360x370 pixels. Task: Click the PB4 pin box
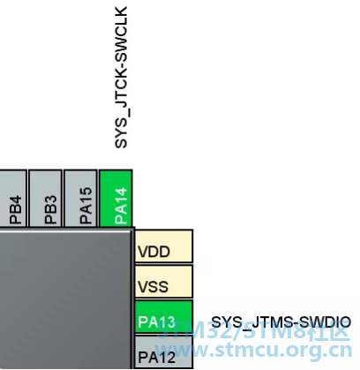13,198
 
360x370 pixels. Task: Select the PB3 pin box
46,198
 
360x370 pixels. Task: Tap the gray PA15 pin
80,198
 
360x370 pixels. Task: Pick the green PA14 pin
116,198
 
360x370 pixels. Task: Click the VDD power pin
164,246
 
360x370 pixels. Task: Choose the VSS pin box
164,282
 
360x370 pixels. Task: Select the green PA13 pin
164,317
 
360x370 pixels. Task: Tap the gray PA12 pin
164,352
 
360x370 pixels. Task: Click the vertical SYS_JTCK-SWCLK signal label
122,77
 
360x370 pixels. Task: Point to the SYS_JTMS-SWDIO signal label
281,323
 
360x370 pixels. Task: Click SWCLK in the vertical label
121,34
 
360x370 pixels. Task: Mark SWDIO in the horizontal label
322,322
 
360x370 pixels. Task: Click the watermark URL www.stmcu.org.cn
254,351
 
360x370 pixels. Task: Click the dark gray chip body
65,298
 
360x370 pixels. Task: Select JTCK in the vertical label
121,90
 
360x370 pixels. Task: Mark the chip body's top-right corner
134,227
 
